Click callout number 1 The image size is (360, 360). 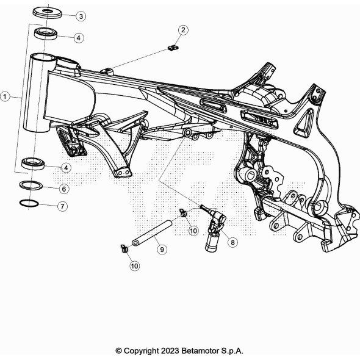pyautogui.click(x=5, y=96)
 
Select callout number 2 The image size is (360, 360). pyautogui.click(x=183, y=30)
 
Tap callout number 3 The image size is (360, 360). pyautogui.click(x=81, y=16)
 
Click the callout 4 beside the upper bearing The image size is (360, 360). pyautogui.click(x=79, y=38)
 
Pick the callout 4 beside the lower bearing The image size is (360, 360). pyautogui.click(x=66, y=168)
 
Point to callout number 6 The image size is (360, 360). pyautogui.click(x=64, y=189)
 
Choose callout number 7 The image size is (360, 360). pyautogui.click(x=62, y=206)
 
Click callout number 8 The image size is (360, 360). pyautogui.click(x=232, y=242)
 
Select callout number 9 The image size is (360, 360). pyautogui.click(x=162, y=250)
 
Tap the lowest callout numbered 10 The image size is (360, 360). pyautogui.click(x=134, y=266)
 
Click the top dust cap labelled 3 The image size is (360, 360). pyautogui.click(x=48, y=12)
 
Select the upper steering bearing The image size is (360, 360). pyautogui.click(x=46, y=34)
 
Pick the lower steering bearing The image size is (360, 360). pyautogui.click(x=33, y=164)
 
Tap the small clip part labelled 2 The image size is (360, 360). pyautogui.click(x=173, y=48)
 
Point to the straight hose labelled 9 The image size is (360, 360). pyautogui.click(x=152, y=233)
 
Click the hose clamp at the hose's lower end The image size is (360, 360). pyautogui.click(x=124, y=249)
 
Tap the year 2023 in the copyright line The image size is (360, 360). pyautogui.click(x=170, y=351)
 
